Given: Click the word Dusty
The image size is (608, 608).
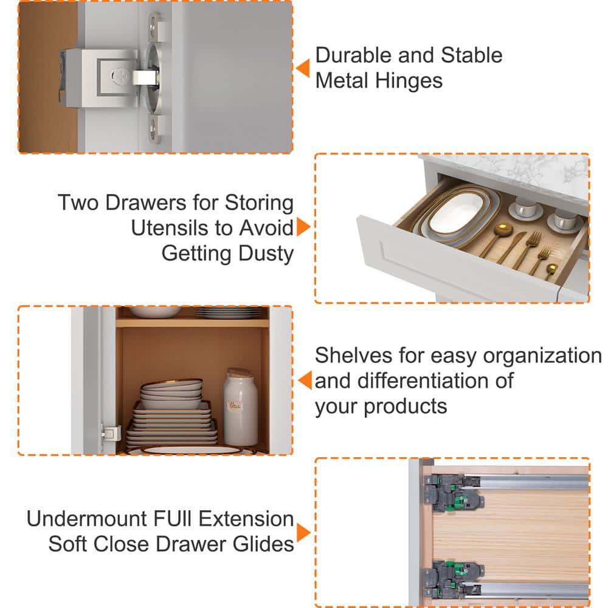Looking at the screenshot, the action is tap(266, 254).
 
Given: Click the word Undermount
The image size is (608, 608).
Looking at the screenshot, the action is tap(87, 519).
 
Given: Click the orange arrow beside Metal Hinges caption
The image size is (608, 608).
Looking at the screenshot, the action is tap(303, 68).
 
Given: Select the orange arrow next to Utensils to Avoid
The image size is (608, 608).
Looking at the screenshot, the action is tap(303, 227).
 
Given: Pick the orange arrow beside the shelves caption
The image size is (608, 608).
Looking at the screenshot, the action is tap(305, 380).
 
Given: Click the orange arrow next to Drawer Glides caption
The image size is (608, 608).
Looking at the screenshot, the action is tap(303, 533).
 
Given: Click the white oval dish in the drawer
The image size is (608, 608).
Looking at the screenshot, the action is tap(456, 212).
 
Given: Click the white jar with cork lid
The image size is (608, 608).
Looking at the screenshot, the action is tap(240, 407).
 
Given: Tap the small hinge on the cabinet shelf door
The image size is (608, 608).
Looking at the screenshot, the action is tap(111, 434).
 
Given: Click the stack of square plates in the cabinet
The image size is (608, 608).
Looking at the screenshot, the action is tap(173, 424).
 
